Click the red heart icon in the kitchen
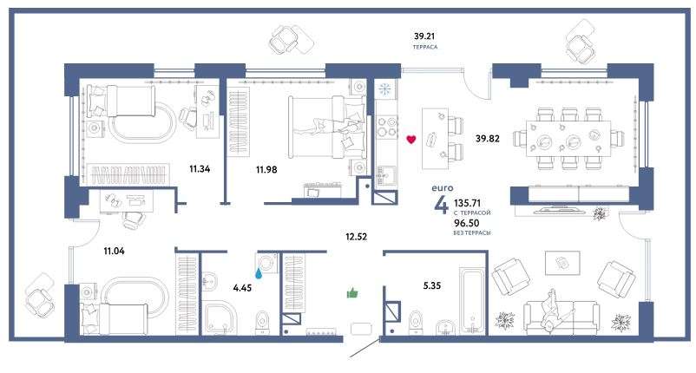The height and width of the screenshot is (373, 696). point(411,140)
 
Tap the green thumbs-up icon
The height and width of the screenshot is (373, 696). point(352,292)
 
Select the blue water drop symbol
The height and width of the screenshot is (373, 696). point(259,272)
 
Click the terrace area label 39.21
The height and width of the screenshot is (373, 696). point(424,36)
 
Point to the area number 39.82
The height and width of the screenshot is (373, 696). point(488,139)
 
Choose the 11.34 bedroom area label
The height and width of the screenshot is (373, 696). point(200,168)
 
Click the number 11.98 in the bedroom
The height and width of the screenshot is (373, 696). point(266,169)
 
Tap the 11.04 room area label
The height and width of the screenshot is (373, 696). point(114,251)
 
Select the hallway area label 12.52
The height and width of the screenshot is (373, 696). point(357,237)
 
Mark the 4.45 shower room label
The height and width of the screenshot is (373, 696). point(242,288)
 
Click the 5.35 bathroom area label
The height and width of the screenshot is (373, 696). point(432,285)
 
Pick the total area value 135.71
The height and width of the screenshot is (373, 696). point(468,203)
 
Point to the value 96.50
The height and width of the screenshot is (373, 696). point(467,223)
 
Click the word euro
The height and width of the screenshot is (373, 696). point(443,188)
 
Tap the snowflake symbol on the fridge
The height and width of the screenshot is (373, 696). point(384,89)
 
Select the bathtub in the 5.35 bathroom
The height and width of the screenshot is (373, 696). point(472,300)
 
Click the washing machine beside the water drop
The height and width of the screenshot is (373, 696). point(266,263)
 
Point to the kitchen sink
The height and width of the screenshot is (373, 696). point(385,175)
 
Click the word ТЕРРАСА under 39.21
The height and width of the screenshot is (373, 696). point(424,47)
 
